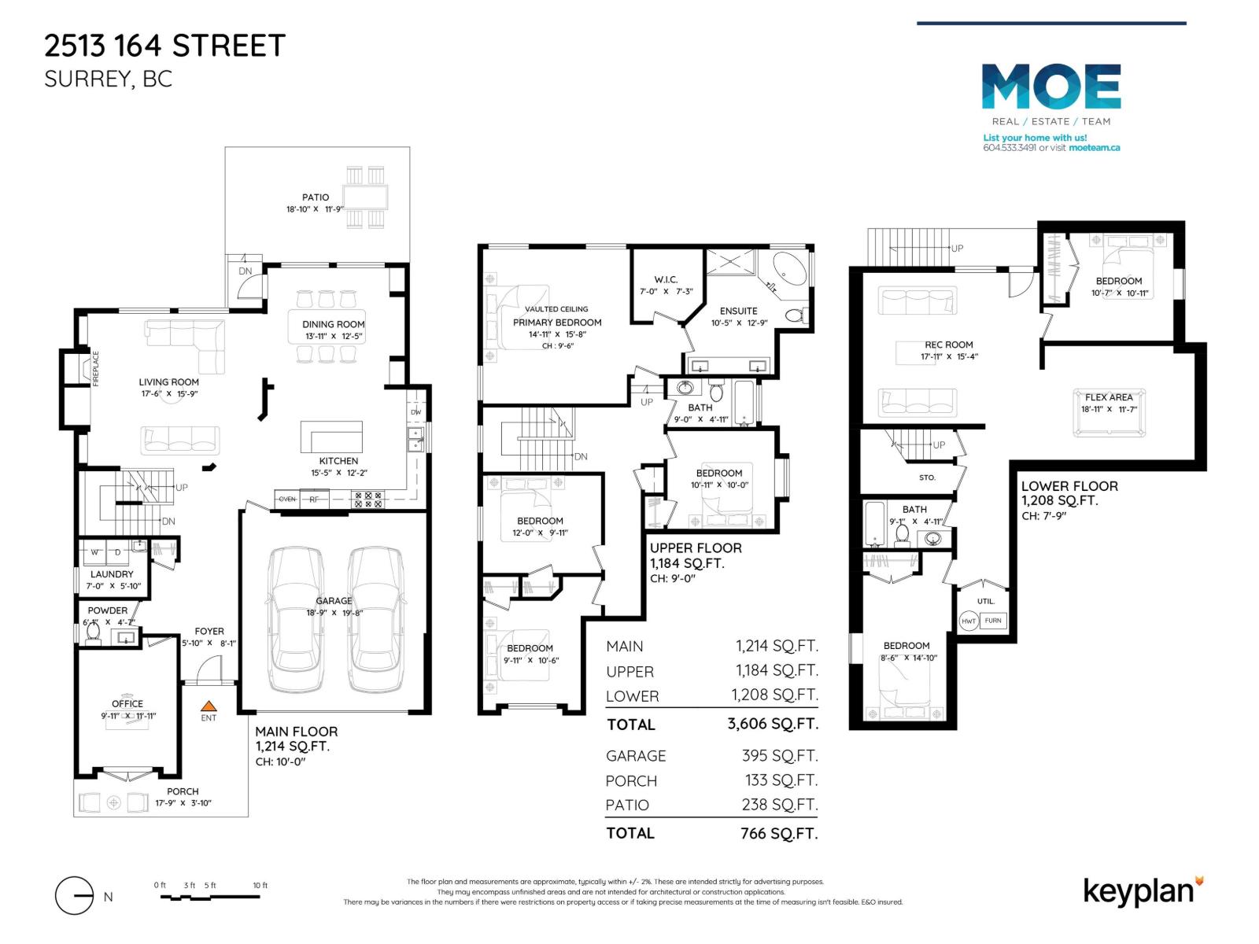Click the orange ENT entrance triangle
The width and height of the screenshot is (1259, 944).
[x=209, y=706]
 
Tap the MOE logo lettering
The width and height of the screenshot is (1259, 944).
[x=1051, y=87]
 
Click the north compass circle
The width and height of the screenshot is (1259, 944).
[x=75, y=896]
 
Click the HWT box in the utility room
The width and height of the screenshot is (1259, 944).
[x=969, y=621]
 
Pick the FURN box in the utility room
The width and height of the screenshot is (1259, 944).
[x=993, y=621]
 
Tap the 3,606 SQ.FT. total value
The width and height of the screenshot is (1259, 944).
[x=773, y=724]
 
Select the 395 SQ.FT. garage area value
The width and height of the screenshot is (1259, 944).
[x=780, y=755]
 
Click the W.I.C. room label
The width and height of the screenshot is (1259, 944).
[x=666, y=279]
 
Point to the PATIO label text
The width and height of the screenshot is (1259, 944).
[x=316, y=197]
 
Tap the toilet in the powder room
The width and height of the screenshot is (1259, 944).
[x=94, y=632]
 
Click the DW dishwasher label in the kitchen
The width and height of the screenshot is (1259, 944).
[x=416, y=412]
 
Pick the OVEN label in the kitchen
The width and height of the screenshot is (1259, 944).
[x=287, y=499]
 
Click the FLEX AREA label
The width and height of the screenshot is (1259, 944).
[x=1109, y=397]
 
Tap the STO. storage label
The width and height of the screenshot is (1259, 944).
[x=927, y=478]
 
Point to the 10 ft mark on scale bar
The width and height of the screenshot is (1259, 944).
[x=260, y=885]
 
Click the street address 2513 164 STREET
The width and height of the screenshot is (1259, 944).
[x=164, y=46]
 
